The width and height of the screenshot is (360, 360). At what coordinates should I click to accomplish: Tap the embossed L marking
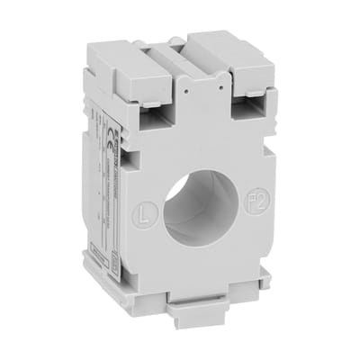click(148, 215)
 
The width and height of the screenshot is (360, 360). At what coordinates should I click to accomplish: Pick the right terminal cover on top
click(230, 63)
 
